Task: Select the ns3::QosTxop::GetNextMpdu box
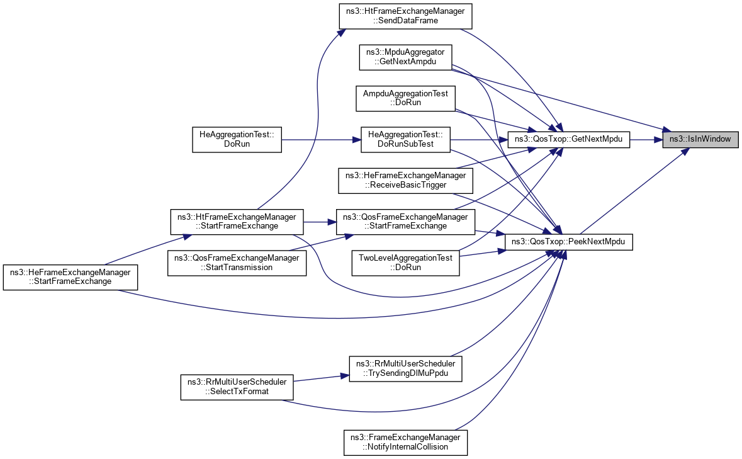pos(568,139)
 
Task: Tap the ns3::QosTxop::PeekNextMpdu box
pos(568,242)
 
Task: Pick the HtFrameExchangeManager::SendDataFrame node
pos(406,16)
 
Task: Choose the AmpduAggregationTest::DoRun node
pos(406,98)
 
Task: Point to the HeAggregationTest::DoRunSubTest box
pos(406,139)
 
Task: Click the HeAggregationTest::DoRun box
pos(237,139)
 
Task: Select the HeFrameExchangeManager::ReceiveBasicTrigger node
pos(406,180)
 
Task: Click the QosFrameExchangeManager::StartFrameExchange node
pos(406,221)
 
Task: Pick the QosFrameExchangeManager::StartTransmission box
pos(237,262)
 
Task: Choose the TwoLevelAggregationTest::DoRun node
pos(406,262)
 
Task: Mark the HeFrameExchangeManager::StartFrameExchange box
pos(70,277)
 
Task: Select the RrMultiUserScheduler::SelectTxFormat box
pos(237,387)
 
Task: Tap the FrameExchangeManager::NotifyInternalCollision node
pos(406,442)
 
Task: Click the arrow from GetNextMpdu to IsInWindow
pos(645,139)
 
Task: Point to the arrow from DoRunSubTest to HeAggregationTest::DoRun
pos(321,139)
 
